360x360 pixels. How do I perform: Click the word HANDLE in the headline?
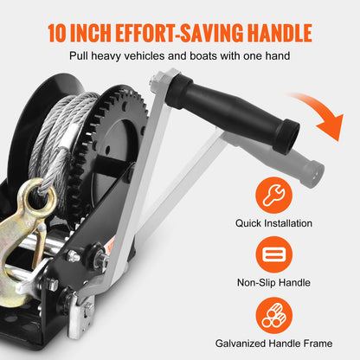(x=273, y=35)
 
